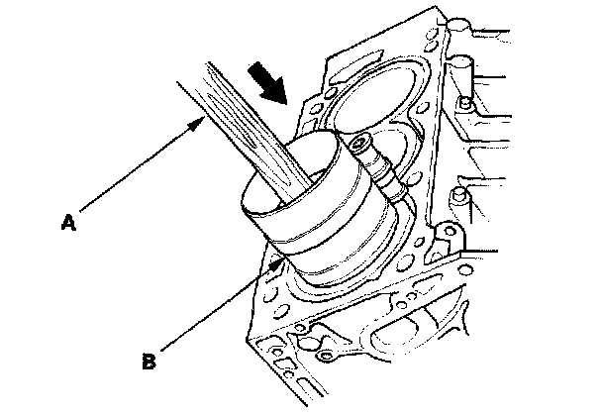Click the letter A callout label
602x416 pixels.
click(x=68, y=223)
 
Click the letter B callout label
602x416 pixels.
click(x=149, y=362)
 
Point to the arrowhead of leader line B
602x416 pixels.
click(x=277, y=263)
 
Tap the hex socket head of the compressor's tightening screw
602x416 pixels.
click(x=358, y=146)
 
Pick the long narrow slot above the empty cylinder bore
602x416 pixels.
click(x=357, y=67)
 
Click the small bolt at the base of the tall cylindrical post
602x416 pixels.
click(x=465, y=103)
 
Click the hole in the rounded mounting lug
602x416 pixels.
click(x=449, y=231)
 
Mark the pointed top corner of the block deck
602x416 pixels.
click(x=435, y=6)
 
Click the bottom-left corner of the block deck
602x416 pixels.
click(x=247, y=340)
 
